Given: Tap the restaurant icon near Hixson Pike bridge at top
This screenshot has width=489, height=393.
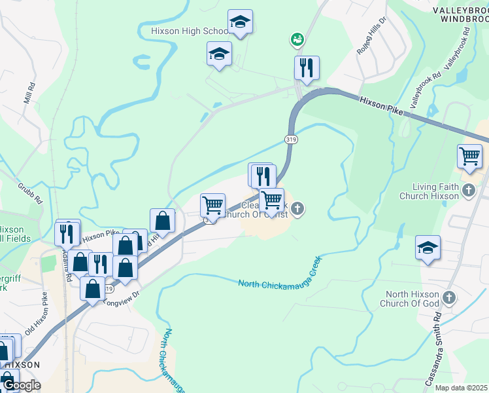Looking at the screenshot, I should point(307,67).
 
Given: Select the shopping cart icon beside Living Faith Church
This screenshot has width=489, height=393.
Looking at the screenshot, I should point(469,157).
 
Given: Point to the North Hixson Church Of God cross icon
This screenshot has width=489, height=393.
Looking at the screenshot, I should point(448,298).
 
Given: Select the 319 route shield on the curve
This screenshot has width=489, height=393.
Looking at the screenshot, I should point(292,139).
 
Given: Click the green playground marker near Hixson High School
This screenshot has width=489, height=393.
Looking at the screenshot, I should point(297,40).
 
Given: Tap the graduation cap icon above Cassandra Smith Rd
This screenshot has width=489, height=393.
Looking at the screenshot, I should point(428,248).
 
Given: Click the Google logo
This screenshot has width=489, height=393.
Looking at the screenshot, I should point(21,385).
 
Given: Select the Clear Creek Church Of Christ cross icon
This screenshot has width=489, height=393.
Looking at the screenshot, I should point(297,210).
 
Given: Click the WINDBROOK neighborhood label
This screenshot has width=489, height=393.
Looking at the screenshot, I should point(464,20).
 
